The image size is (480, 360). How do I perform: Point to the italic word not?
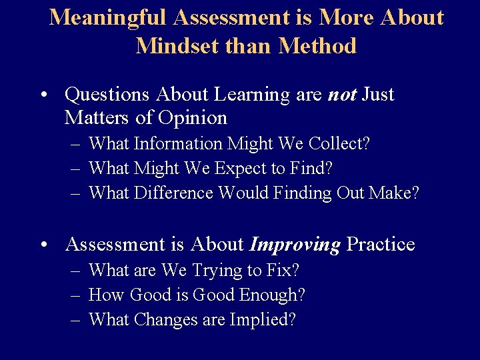click(x=342, y=95)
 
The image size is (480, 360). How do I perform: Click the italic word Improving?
click(x=294, y=245)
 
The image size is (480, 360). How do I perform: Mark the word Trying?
click(x=218, y=271)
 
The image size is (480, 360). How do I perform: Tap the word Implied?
click(x=262, y=320)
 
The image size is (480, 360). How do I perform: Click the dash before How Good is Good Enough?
click(x=75, y=295)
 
